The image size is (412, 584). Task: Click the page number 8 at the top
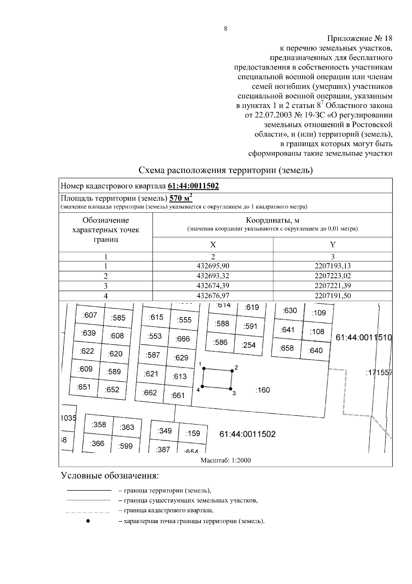point(226,29)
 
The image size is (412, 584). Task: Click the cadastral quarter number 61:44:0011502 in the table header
point(193,186)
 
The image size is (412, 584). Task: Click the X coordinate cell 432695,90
point(213,266)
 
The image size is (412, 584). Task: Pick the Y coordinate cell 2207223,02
point(332,276)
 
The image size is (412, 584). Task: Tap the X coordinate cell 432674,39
point(213,286)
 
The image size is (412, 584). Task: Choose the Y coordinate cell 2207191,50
point(332,296)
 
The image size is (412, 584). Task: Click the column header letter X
point(213,245)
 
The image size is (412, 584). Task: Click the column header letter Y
point(332,245)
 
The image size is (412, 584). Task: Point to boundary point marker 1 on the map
point(204,368)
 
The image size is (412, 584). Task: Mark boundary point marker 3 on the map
point(230,389)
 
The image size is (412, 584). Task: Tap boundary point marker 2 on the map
point(232,371)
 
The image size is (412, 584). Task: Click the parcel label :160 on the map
point(263,390)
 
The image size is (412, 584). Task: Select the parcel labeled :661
point(178,395)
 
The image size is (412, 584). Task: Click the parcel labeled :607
point(90,315)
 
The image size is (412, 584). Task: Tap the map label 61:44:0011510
point(364,337)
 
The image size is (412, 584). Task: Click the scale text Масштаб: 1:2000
point(226,460)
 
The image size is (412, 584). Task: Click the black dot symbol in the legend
point(88,521)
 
